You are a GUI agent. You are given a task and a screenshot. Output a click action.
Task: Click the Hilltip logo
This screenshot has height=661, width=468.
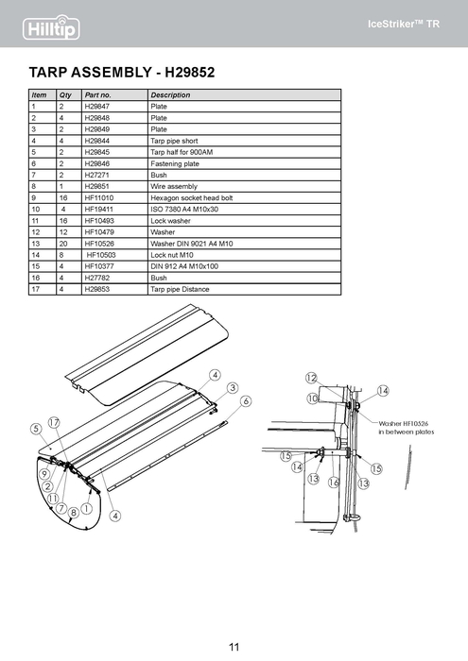[x=51, y=27]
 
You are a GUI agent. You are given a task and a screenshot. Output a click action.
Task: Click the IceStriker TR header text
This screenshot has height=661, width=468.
[x=404, y=24]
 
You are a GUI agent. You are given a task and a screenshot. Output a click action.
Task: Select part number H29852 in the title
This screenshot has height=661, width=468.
[x=189, y=72]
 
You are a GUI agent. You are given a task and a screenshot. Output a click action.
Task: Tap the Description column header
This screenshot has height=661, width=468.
[x=170, y=94]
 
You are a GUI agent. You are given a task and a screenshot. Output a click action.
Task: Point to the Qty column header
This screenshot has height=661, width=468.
[x=65, y=94]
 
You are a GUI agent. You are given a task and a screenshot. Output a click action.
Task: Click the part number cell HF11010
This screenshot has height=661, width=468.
[x=98, y=197]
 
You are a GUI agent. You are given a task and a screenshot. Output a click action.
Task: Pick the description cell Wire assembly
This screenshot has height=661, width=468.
[x=174, y=186]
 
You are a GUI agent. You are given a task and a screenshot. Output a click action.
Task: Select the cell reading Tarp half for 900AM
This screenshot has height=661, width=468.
[x=182, y=152]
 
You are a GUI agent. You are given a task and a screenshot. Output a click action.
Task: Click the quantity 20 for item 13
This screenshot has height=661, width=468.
[x=63, y=244]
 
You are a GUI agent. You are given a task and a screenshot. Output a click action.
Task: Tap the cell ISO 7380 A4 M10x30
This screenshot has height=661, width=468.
[x=184, y=209]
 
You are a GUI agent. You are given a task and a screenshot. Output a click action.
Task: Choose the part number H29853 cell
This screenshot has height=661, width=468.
[x=96, y=289]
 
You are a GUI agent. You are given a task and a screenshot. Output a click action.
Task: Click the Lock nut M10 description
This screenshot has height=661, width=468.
[x=172, y=255]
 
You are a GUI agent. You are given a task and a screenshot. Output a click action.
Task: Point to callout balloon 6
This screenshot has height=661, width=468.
[x=246, y=401]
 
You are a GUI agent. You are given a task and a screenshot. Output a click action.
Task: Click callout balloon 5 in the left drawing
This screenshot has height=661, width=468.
[x=36, y=429]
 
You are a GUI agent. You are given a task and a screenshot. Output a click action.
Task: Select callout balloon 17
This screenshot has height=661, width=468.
[x=54, y=422]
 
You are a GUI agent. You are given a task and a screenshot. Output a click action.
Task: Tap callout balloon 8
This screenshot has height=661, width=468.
[x=74, y=513]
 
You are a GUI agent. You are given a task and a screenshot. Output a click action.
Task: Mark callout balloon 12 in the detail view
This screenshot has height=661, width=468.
[x=311, y=378]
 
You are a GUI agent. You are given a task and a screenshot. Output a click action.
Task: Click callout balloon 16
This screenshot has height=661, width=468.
[x=334, y=482]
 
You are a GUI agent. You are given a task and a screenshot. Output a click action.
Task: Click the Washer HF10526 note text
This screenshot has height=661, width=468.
[x=406, y=428]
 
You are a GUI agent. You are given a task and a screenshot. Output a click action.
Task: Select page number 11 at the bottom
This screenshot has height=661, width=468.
[x=234, y=647]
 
